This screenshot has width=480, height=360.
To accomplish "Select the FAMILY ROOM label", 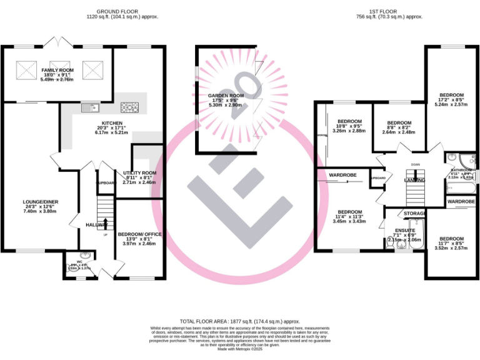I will point(57,71).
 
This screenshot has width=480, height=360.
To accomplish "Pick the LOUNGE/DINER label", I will point(40,202).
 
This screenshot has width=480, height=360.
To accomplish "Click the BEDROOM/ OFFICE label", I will point(139,234).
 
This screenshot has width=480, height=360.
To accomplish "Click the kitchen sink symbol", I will point(87,107).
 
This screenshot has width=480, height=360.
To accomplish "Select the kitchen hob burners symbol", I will point(129,107).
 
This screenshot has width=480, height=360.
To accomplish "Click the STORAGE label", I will point(415,214).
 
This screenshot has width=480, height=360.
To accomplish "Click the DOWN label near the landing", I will point(416,164).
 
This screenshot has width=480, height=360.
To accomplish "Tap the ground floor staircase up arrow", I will point(104,224).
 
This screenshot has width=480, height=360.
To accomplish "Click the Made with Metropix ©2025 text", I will point(240,348).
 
